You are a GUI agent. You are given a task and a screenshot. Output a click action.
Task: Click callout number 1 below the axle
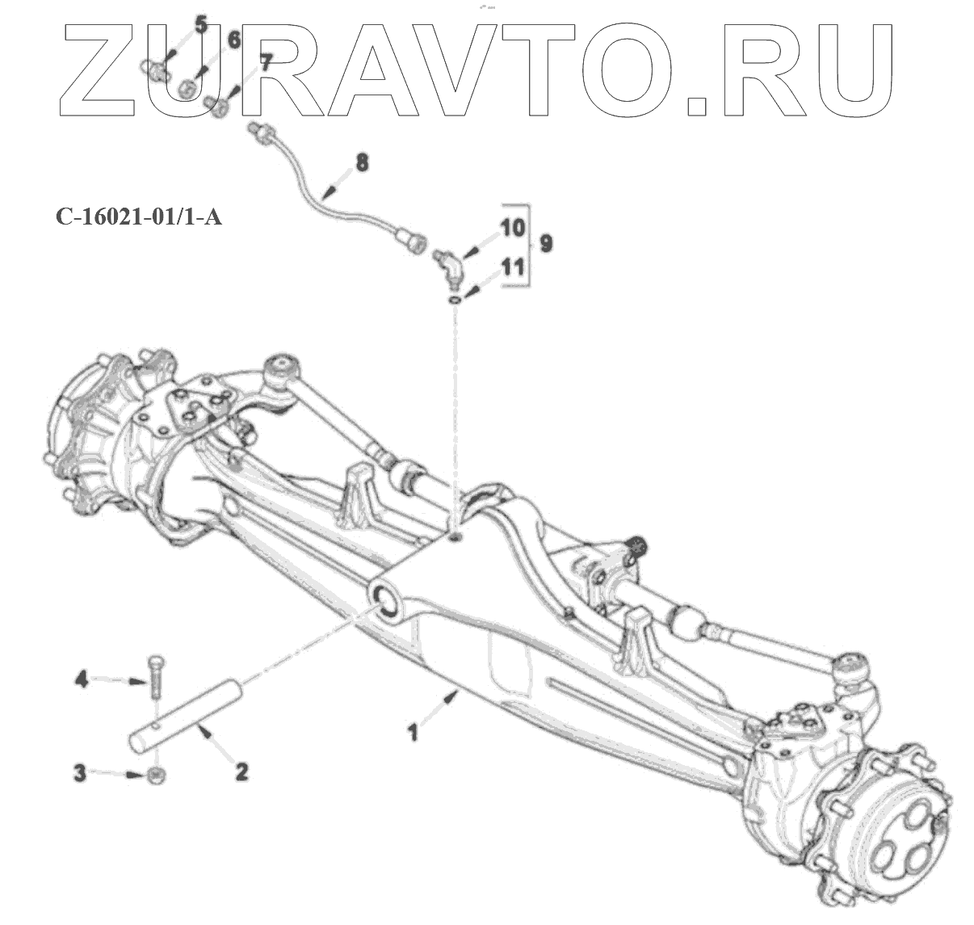click(x=414, y=734)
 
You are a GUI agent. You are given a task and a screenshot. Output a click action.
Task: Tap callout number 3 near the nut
click(x=80, y=772)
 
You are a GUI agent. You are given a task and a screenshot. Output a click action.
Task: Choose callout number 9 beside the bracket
click(x=546, y=242)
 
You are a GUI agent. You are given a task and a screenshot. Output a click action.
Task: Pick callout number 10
click(x=513, y=227)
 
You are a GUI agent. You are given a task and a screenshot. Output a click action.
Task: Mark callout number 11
click(x=513, y=267)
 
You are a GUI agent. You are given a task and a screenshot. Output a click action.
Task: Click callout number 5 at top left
click(x=200, y=25)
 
